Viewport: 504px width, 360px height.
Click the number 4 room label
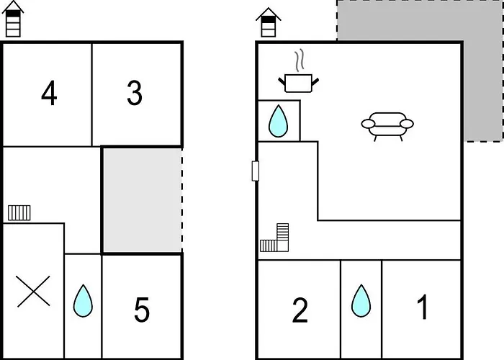pyautogui.click(x=48, y=94)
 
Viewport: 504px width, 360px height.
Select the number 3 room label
pyautogui.click(x=135, y=94)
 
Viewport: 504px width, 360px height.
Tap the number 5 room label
pyautogui.click(x=142, y=310)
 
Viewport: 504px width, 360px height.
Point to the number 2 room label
pyautogui.click(x=300, y=310)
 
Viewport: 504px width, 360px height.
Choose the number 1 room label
pyautogui.click(x=423, y=308)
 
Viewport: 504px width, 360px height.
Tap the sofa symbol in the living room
pyautogui.click(x=387, y=125)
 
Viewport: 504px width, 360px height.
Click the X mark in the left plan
pyautogui.click(x=32, y=292)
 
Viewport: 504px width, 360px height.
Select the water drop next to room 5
pyautogui.click(x=83, y=301)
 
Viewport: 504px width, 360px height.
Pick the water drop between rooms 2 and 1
pyautogui.click(x=361, y=301)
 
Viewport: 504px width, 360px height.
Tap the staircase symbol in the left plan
pyautogui.click(x=19, y=212)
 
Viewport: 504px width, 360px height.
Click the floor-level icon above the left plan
pyautogui.click(x=13, y=19)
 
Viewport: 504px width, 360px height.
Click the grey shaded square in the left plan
pyautogui.click(x=141, y=199)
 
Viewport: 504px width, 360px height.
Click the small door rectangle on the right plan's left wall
pyautogui.click(x=255, y=171)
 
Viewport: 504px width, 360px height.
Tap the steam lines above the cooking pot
pyautogui.click(x=301, y=58)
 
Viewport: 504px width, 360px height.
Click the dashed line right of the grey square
pyautogui.click(x=182, y=199)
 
